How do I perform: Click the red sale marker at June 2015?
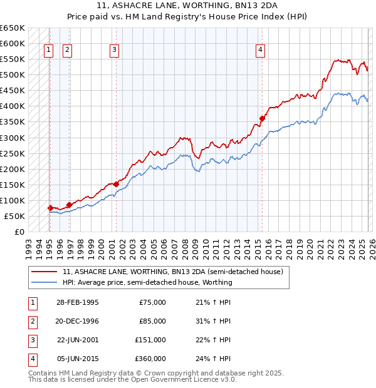pos(262,118)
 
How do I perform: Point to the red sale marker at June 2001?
pos(117,184)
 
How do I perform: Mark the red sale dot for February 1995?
pos(50,208)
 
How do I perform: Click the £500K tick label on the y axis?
pos(13,75)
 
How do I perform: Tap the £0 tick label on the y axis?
pos(19,232)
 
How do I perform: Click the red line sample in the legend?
pos(44,272)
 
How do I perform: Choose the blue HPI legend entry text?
pos(147,282)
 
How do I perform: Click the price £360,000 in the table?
pos(151,359)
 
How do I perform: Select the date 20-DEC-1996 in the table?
pos(78,321)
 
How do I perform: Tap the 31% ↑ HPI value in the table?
pos(212,321)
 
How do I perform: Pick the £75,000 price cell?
pos(153,302)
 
